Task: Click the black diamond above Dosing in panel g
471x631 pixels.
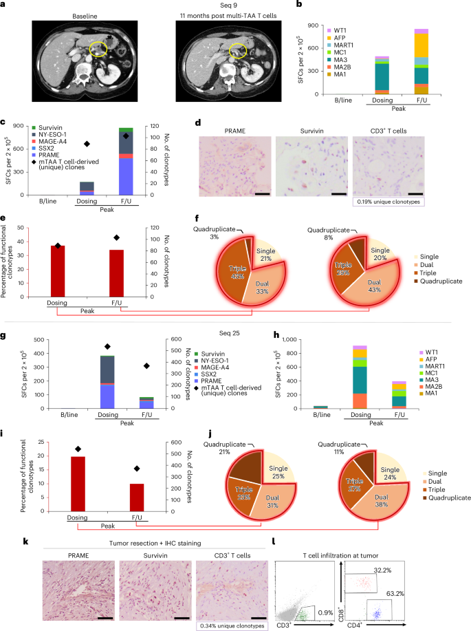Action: [107, 347]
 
